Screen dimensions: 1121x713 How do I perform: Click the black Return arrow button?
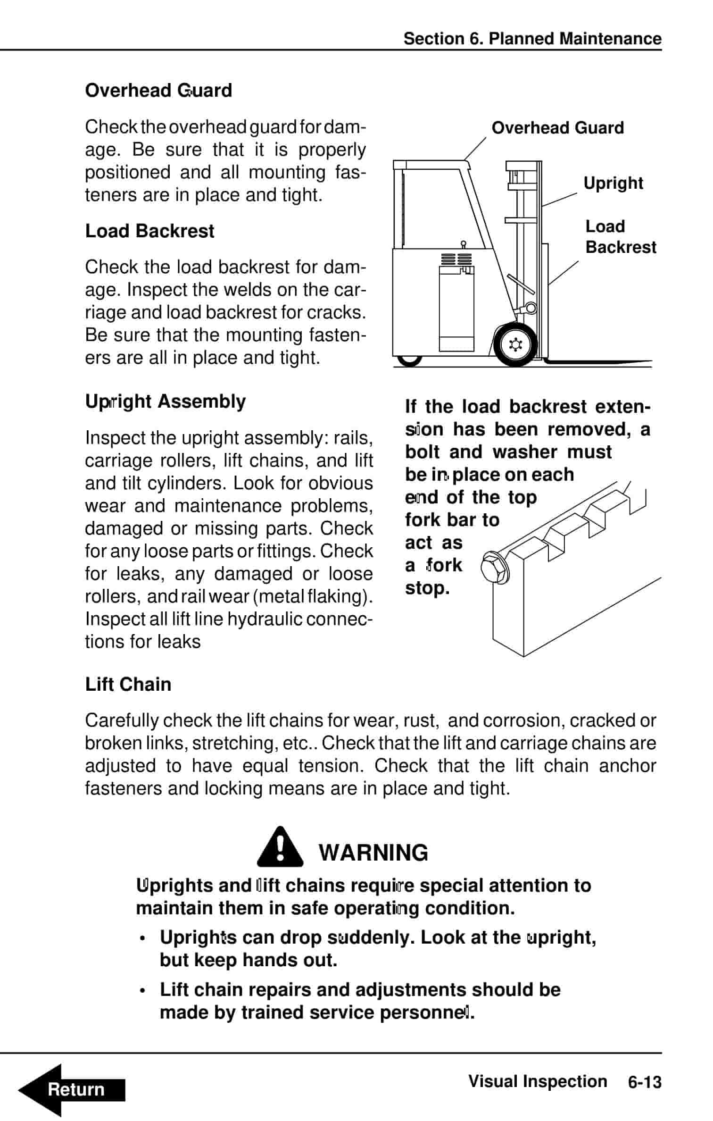[x=71, y=1090]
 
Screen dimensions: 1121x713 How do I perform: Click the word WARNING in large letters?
[x=373, y=853]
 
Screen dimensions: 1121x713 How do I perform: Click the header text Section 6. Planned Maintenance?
[x=532, y=39]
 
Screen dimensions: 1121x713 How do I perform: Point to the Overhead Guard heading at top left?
[x=158, y=91]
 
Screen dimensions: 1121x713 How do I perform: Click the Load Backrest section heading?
[x=149, y=231]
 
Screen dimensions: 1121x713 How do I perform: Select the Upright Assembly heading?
[x=165, y=402]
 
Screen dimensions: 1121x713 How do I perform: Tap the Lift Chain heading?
[x=128, y=685]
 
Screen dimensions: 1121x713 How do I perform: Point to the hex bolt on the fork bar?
[x=494, y=568]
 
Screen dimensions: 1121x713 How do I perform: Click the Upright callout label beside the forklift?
[x=613, y=183]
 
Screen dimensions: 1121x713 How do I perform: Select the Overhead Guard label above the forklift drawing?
[x=557, y=128]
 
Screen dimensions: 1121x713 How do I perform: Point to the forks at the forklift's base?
[x=599, y=362]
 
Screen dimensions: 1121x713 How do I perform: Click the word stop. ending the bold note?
[x=427, y=588]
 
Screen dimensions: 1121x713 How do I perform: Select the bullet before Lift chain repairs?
[x=143, y=991]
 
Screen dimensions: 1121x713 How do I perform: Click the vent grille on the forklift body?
[x=456, y=259]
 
